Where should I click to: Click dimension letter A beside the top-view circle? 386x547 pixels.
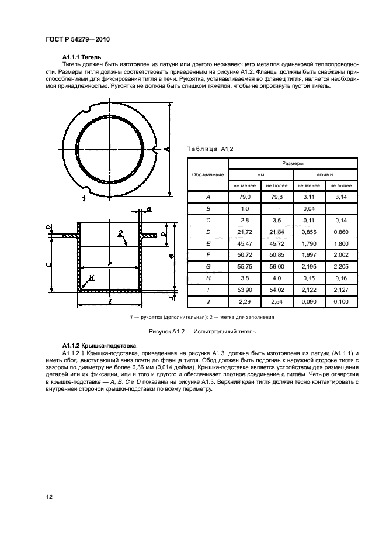[167, 150]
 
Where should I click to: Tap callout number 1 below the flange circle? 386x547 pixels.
[84, 199]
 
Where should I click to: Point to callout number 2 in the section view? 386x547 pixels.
[120, 233]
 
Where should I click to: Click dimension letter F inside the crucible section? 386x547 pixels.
[109, 265]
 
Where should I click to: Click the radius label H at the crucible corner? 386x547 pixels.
[92, 277]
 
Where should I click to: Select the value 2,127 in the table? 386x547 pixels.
[340, 290]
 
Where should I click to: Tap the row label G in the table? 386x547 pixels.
[208, 265]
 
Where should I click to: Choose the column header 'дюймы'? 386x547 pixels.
[324, 174]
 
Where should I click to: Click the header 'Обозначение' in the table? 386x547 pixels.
[208, 175]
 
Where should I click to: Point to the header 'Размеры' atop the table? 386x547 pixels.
[292, 164]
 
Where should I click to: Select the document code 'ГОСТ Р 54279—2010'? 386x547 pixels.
[77, 39]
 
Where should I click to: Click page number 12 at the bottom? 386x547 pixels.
[50, 497]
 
